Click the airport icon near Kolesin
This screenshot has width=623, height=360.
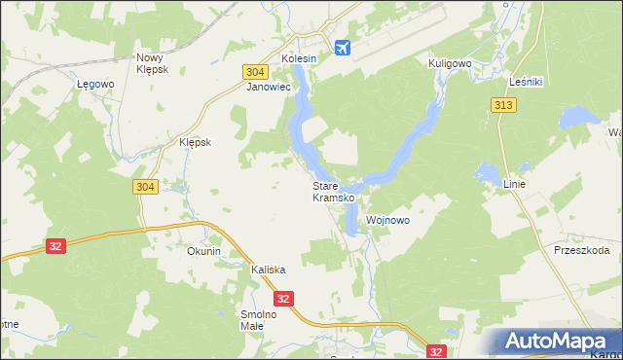pos(342,47)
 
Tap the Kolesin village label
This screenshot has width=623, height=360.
pos(299,59)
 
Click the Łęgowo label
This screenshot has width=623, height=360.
pos(96,84)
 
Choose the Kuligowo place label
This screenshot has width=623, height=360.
pos(450,63)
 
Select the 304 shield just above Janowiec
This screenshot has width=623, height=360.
pos(254,72)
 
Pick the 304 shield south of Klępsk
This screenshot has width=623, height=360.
pos(143,187)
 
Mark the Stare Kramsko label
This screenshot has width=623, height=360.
pos(332,192)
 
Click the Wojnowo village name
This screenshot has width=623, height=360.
pos(387,221)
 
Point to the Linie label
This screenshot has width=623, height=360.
pos(515,184)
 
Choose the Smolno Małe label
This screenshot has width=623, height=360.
pos(259,320)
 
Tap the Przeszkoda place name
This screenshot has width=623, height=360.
pos(581,250)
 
